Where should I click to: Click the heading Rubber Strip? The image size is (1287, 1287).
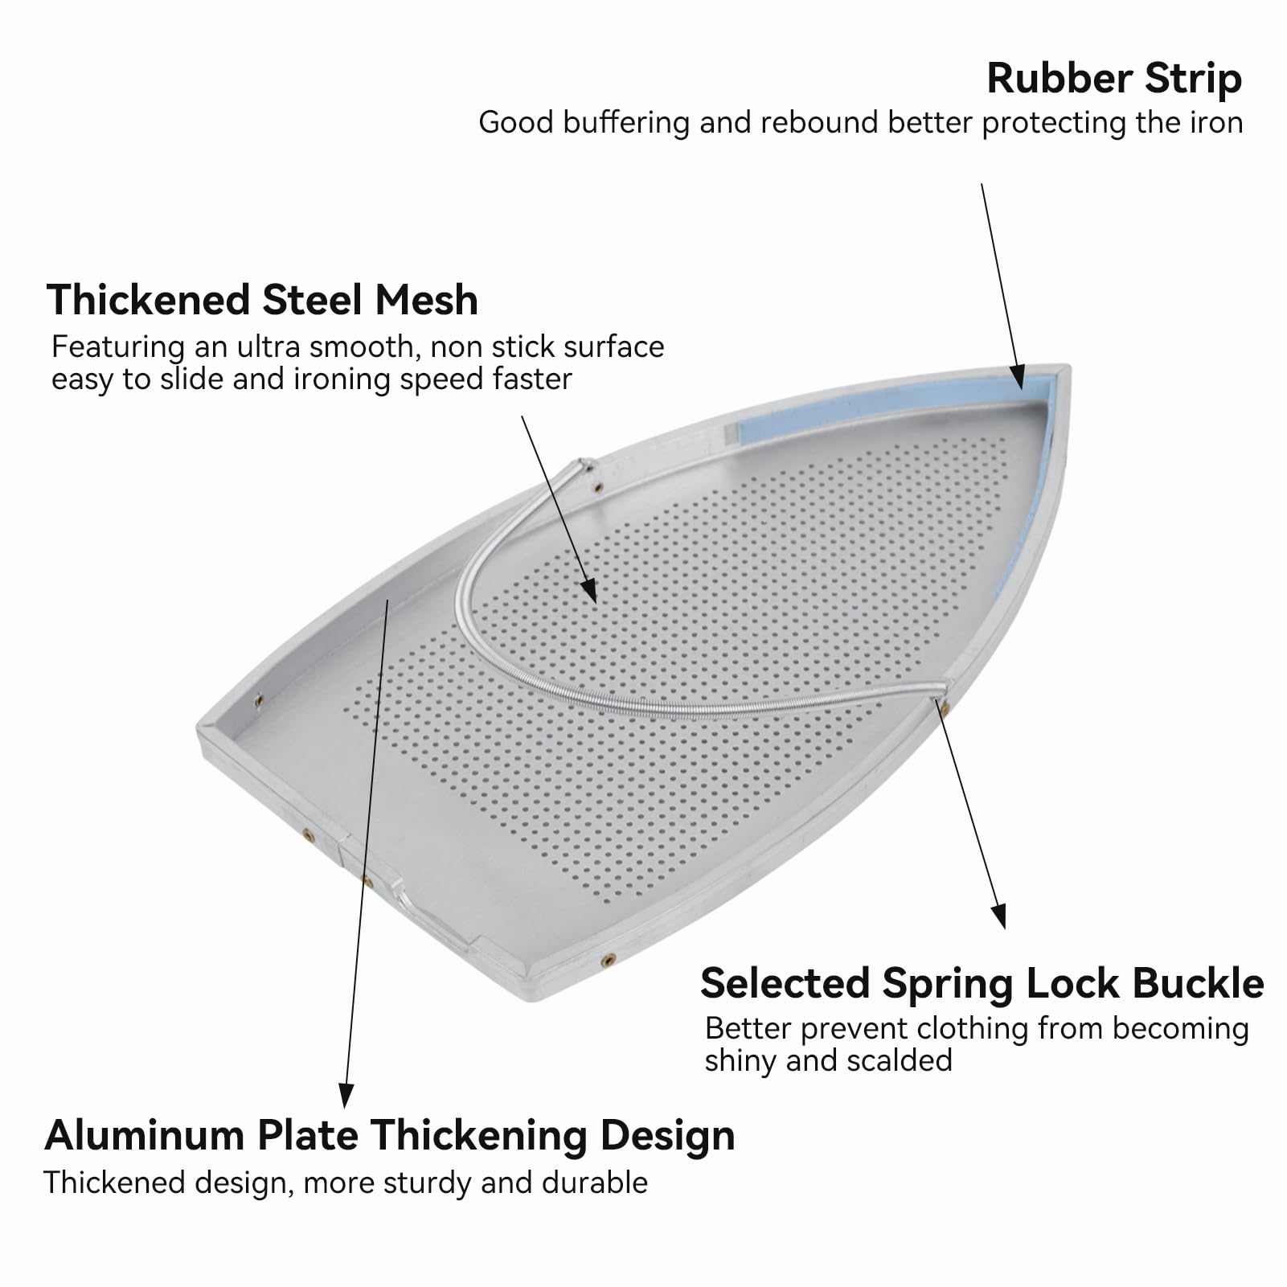pyautogui.click(x=1114, y=79)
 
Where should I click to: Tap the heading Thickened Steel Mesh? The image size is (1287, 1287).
pyautogui.click(x=262, y=300)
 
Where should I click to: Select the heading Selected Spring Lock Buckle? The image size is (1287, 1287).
pyautogui.click(x=982, y=983)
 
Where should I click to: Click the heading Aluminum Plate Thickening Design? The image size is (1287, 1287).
pyautogui.click(x=390, y=1136)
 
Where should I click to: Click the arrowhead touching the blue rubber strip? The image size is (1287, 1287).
pyautogui.click(x=1017, y=376)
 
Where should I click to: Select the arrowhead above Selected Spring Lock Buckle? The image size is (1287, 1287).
pyautogui.click(x=998, y=916)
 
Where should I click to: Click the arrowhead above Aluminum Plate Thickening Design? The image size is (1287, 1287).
pyautogui.click(x=346, y=1095)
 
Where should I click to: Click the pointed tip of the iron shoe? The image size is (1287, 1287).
pyautogui.click(x=1069, y=366)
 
